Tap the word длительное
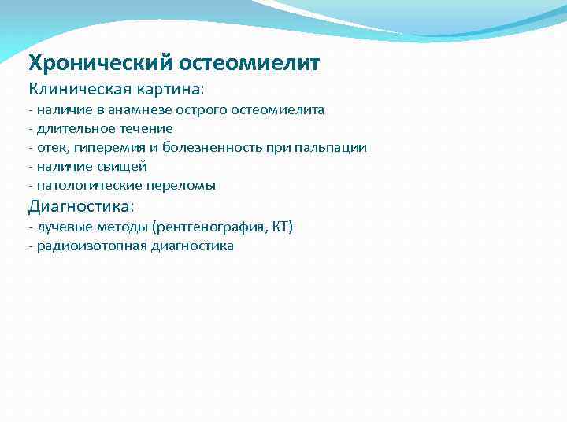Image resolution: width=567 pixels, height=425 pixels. [x=71, y=129]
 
